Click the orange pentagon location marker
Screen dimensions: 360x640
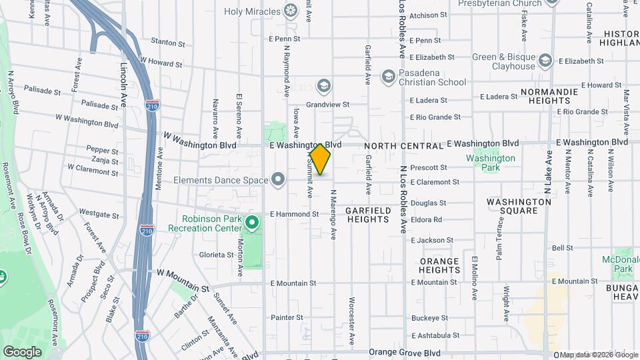coord(320,160)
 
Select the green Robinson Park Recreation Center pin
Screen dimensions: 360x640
coord(251,223)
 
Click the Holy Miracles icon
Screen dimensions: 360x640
coord(290,10)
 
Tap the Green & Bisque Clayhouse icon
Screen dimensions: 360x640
coord(546,61)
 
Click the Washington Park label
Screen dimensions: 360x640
coord(491,163)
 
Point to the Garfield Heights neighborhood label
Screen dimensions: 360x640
coord(367,214)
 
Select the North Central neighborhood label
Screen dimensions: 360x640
coord(403,146)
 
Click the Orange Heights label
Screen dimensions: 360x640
coord(439,265)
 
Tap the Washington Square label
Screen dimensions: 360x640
coord(512,206)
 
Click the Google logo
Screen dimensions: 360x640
coord(22,351)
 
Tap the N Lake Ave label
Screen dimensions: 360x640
coord(549,171)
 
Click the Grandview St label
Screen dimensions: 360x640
coord(328,105)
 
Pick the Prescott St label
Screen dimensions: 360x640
coord(428,167)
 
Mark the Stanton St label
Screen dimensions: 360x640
coord(168,43)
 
